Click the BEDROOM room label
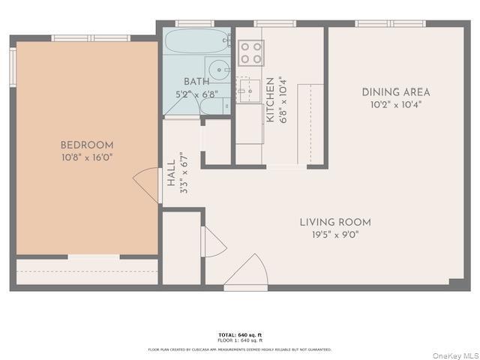[87, 145]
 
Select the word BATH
[196, 82]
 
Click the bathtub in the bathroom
[197, 40]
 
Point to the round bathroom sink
[217, 70]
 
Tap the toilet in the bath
[212, 106]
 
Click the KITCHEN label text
[269, 100]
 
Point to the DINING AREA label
[396, 92]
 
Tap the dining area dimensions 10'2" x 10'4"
[396, 104]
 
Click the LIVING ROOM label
[335, 222]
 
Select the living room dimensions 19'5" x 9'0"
[335, 234]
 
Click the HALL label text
[171, 173]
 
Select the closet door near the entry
[213, 241]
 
